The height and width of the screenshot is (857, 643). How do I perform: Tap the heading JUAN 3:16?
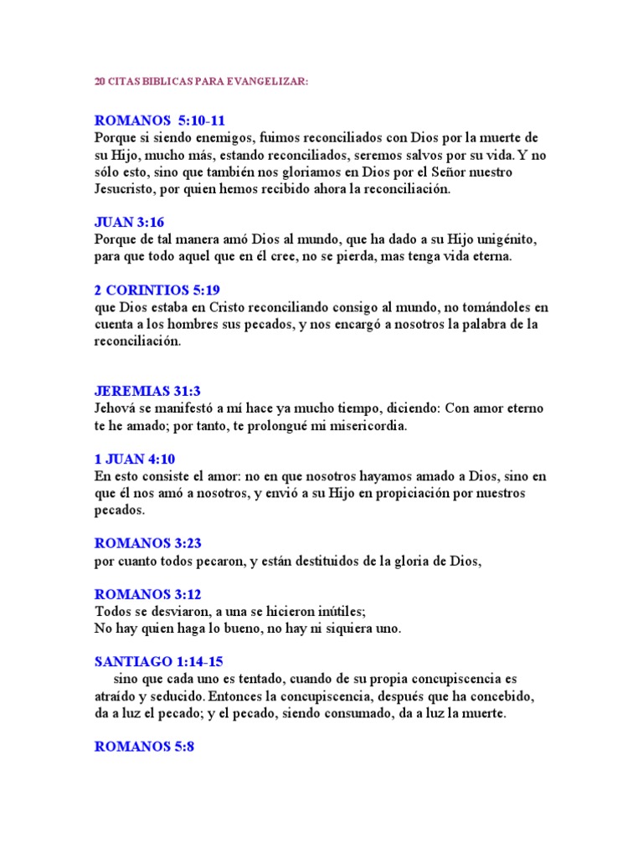coord(129,222)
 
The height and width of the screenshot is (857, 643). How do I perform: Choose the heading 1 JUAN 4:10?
coord(134,459)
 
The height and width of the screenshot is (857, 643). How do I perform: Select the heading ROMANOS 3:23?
coord(148,543)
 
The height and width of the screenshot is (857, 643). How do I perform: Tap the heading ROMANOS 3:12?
coord(148,594)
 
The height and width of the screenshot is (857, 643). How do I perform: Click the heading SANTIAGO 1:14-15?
coord(158,661)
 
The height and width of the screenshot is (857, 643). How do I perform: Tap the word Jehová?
coord(118,408)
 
